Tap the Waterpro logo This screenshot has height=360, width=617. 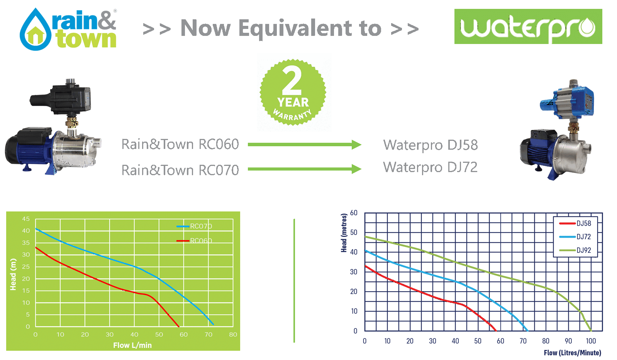pyautogui.click(x=528, y=27)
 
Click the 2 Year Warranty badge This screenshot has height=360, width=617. pyautogui.click(x=293, y=93)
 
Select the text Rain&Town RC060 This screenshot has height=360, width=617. pyautogui.click(x=180, y=144)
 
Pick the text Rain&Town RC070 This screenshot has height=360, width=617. pyautogui.click(x=180, y=170)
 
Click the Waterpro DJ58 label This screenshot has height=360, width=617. pyautogui.click(x=431, y=145)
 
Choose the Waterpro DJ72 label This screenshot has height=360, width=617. pyautogui.click(x=431, y=167)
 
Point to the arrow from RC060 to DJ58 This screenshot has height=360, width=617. pyautogui.click(x=304, y=145)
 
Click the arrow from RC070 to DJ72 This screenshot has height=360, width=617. pyautogui.click(x=304, y=169)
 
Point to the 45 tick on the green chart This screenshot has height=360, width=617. pyautogui.click(x=26, y=219)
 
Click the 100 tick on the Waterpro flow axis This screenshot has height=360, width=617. pyautogui.click(x=591, y=341)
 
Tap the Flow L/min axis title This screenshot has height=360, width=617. pyautogui.click(x=132, y=345)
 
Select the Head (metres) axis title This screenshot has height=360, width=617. pyautogui.click(x=344, y=233)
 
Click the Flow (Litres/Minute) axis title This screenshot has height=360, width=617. pyautogui.click(x=572, y=353)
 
